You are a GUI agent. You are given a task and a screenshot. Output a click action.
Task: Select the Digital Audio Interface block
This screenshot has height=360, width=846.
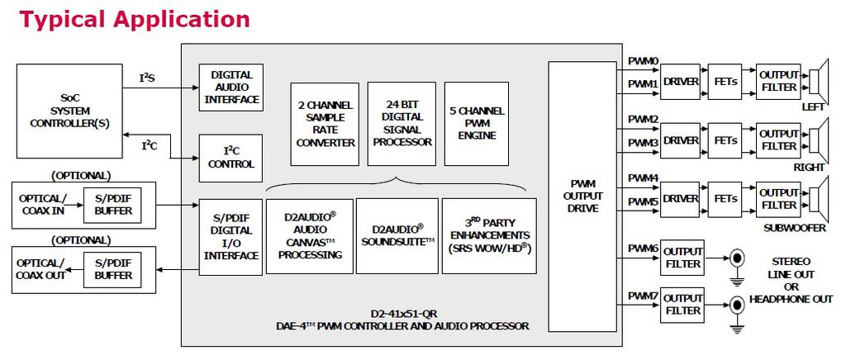click(231, 87)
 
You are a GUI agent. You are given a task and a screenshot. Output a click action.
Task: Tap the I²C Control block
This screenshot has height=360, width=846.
click(231, 158)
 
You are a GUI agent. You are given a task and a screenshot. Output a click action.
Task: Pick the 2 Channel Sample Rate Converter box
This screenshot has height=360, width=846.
click(325, 123)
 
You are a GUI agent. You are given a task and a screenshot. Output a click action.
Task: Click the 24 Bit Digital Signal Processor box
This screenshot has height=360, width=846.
click(402, 123)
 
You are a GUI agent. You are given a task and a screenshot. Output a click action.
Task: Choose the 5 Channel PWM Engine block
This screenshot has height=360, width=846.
click(476, 123)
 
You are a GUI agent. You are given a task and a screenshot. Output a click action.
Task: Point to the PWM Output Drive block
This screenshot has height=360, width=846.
click(583, 197)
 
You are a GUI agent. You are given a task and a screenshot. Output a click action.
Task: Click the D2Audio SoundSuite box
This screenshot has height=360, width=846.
click(397, 235)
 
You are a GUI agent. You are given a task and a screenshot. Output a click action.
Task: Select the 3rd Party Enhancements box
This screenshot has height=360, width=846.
click(489, 235)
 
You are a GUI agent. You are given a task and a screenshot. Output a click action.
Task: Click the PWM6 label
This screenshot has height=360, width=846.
click(643, 249)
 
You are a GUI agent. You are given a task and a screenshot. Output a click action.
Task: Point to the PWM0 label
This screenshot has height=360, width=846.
click(643, 61)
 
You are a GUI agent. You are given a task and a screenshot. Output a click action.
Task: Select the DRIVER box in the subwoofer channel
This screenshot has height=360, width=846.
click(680, 199)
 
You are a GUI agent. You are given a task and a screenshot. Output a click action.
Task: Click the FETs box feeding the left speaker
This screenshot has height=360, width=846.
click(725, 82)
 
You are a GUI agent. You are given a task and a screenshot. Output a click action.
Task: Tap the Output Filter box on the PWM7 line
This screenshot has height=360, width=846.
click(682, 305)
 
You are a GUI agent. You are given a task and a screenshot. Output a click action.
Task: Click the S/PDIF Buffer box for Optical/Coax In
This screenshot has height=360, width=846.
click(113, 206)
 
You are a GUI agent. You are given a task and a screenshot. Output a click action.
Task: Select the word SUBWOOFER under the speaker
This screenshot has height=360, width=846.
click(796, 227)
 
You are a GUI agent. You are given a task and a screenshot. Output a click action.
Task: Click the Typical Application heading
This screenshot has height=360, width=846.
click(135, 18)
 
